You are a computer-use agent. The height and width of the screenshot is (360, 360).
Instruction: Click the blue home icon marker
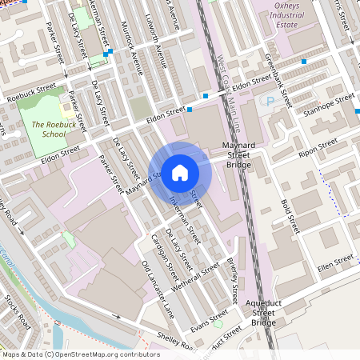point(180,172)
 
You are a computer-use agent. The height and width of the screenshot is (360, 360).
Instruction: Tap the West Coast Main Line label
point(229,88)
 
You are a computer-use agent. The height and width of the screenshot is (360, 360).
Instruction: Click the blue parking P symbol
point(270,102)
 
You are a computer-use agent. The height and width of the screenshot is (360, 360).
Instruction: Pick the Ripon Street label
point(318,150)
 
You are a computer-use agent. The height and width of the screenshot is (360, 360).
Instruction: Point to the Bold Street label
point(289,211)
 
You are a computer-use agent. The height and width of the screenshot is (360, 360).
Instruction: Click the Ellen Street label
point(334,262)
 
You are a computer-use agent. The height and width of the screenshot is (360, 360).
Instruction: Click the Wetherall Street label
point(199,278)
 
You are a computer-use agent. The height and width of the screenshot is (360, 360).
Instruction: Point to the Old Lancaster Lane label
point(157,290)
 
